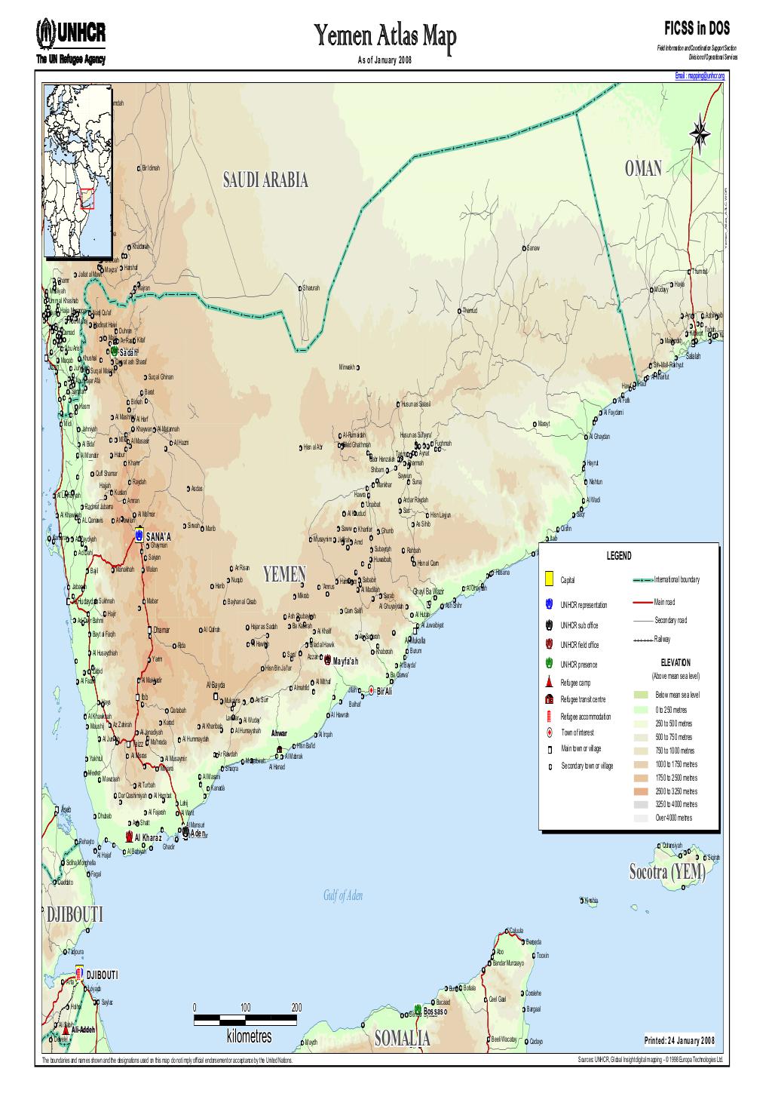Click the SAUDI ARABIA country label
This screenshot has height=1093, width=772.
(265, 180)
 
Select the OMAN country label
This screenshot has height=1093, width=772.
(643, 169)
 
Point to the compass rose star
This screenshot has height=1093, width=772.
(700, 133)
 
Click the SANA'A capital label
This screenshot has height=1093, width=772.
(159, 536)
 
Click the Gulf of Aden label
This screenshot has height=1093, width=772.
(343, 895)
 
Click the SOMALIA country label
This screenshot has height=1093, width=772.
(402, 1039)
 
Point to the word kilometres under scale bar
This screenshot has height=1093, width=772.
(248, 1037)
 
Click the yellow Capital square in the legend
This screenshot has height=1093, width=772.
(548, 579)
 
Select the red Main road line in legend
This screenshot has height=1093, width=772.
(642, 602)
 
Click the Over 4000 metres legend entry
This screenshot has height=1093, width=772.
(673, 818)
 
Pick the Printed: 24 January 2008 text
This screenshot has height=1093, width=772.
(679, 1041)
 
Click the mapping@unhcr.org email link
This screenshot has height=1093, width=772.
(699, 76)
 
